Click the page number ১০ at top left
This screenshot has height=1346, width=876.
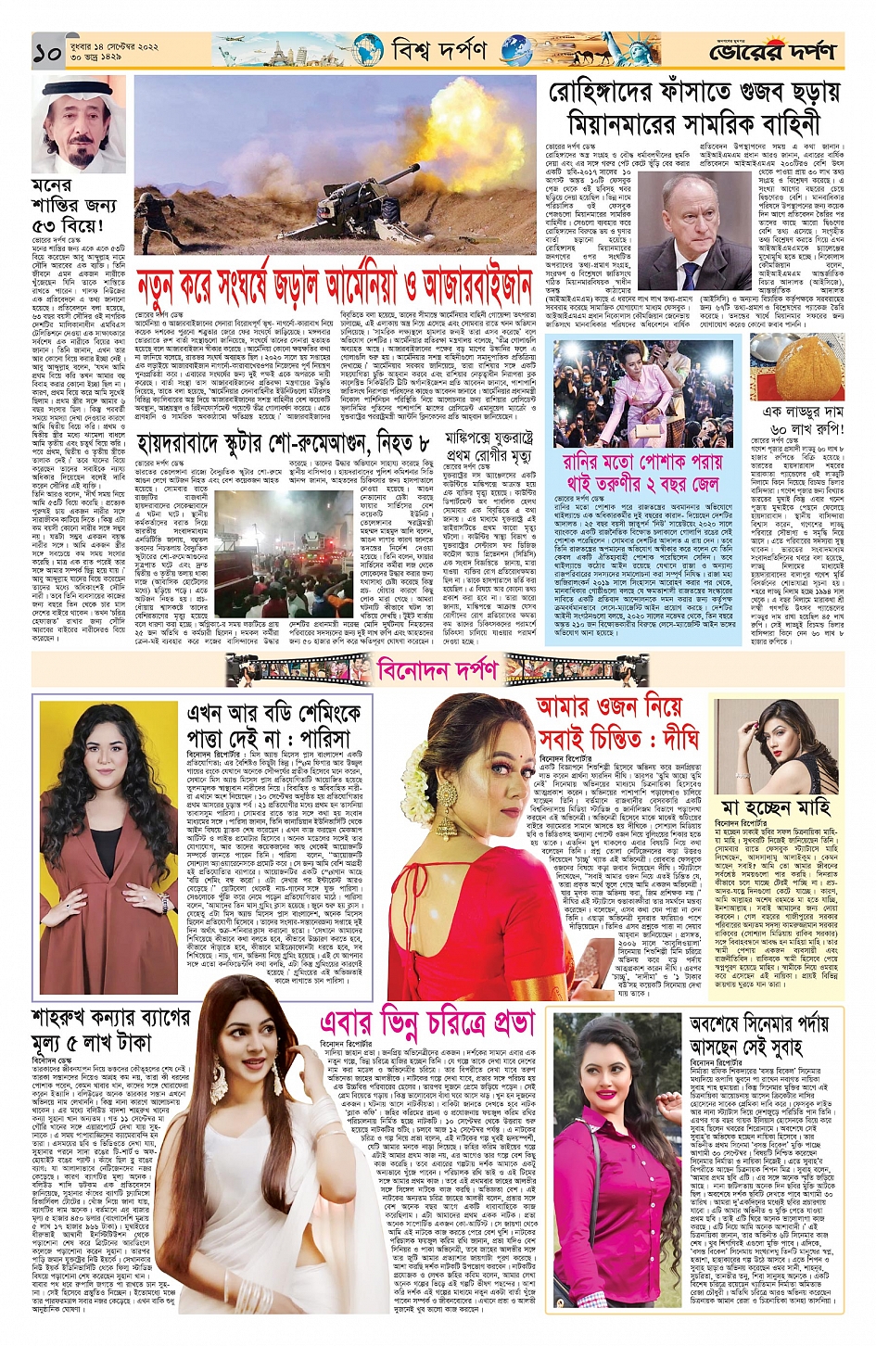pos(47,52)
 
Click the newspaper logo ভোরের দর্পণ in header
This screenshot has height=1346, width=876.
pos(773,52)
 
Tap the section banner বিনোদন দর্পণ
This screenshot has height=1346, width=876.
pos(438,667)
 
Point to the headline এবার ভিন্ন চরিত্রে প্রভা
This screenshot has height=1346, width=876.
pos(427,1022)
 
